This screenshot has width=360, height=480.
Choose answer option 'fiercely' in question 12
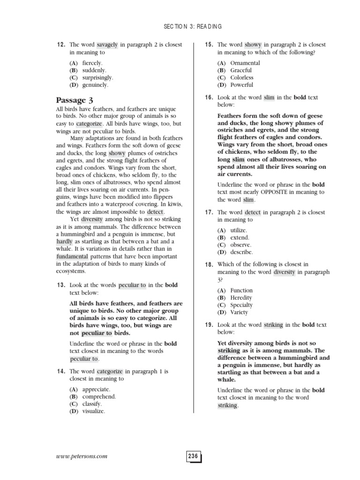92,63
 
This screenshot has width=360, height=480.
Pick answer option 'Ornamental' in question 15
245,63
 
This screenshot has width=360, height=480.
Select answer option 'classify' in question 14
92,404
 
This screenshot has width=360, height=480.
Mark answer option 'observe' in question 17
241,245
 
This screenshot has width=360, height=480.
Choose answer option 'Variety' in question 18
239,312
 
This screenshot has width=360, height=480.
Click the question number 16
209,97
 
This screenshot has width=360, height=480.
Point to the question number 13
60,285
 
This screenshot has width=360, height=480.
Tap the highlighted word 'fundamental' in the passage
72,257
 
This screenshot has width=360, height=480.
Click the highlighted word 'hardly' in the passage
64,241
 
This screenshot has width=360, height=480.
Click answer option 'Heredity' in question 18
241,298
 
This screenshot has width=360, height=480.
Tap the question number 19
209,325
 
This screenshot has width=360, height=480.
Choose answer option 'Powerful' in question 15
242,85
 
